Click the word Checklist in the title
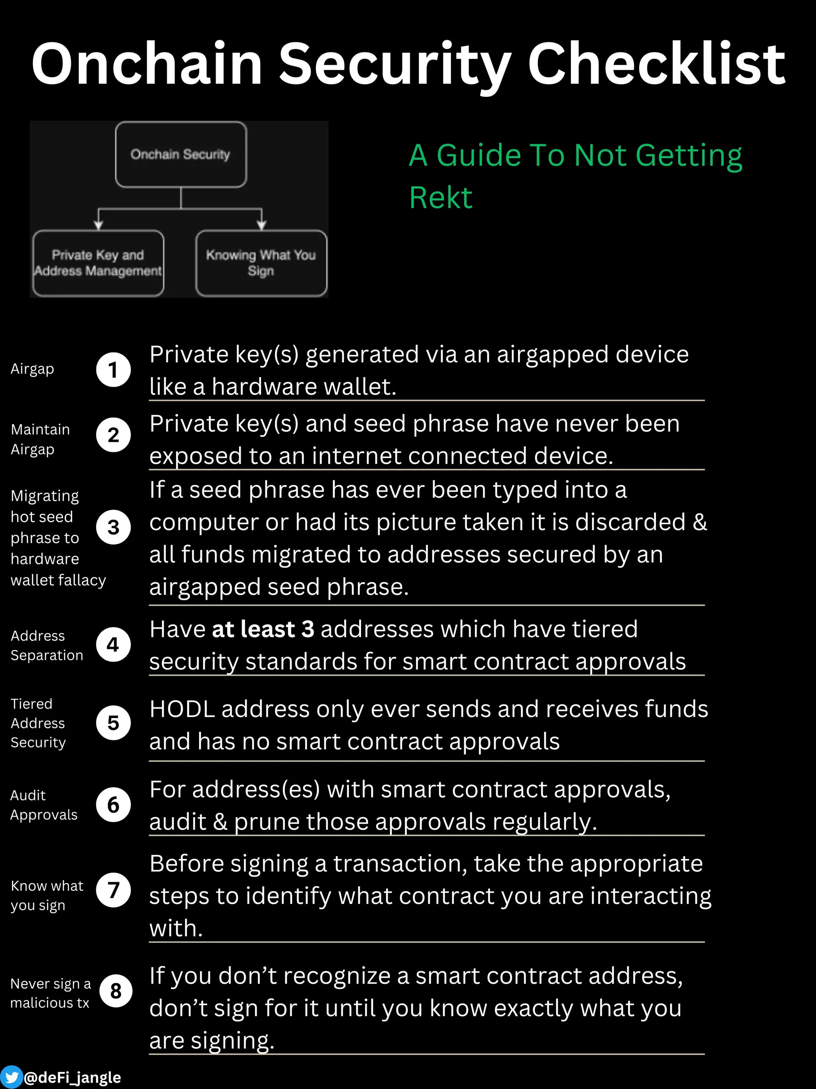tap(657, 64)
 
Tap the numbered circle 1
tap(113, 370)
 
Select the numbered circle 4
tap(113, 644)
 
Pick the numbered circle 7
tap(113, 890)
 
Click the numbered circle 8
tap(116, 991)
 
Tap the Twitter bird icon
tap(11, 1077)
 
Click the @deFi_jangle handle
tap(72, 1077)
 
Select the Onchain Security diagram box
tap(180, 154)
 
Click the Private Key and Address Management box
tap(98, 263)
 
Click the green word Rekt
tap(441, 198)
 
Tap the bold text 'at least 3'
tap(263, 629)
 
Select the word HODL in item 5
tap(182, 709)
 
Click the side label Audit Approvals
tap(44, 805)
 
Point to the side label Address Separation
tap(47, 646)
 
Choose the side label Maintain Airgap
tap(40, 439)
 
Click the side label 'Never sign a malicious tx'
tap(50, 993)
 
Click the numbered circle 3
tap(113, 527)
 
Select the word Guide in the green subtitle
tap(479, 156)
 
